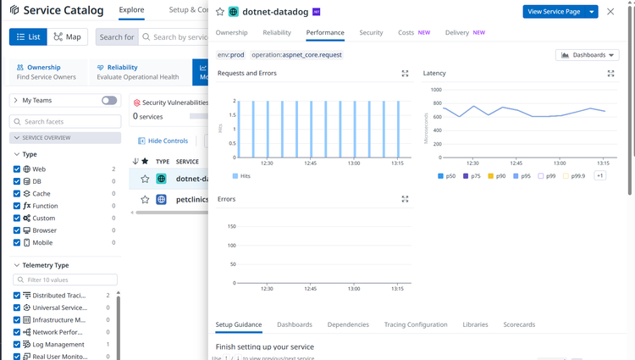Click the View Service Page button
click(555, 12)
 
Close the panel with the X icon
click(610, 12)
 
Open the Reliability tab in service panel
click(277, 32)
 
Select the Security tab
click(371, 32)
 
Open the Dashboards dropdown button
click(587, 55)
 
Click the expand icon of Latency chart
click(610, 74)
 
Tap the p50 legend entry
click(446, 176)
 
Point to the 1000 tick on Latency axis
click(436, 89)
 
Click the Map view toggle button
click(68, 37)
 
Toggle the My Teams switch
click(109, 100)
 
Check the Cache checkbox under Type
click(17, 194)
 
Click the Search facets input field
click(68, 122)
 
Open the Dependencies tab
click(347, 324)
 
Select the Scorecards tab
click(518, 324)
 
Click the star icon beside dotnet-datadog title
click(220, 12)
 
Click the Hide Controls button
click(162, 141)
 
